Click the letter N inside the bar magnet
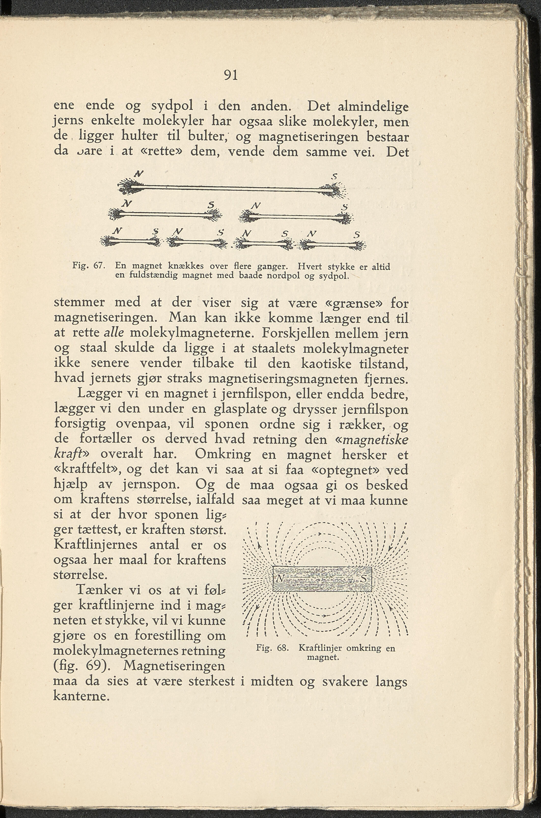point(281,682)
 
